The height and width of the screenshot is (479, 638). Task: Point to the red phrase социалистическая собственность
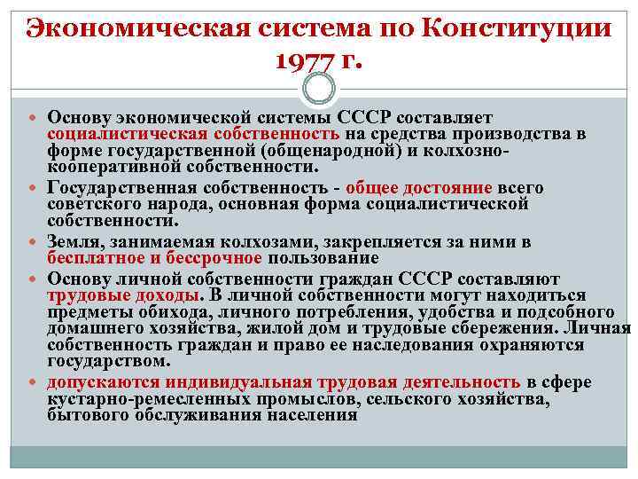[x=193, y=134]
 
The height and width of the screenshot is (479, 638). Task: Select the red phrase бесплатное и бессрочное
[x=155, y=258]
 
